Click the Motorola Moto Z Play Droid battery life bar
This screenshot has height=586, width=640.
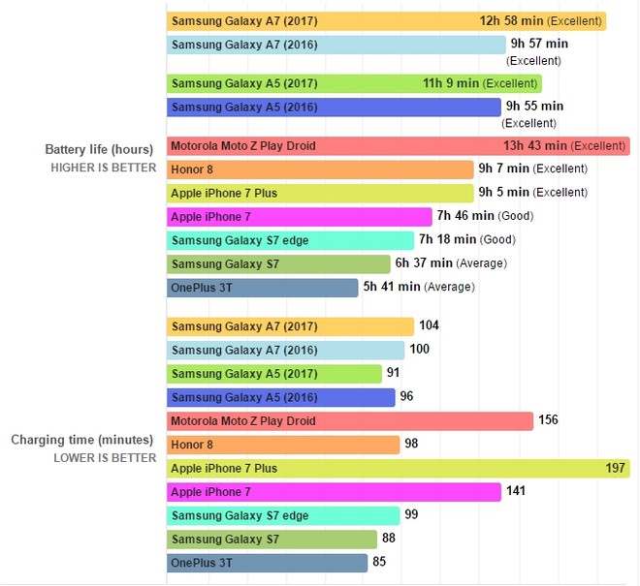click(398, 146)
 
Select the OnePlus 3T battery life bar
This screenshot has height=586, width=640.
click(263, 287)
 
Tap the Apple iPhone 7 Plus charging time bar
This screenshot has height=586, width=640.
click(398, 469)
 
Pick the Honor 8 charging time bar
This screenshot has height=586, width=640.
click(283, 445)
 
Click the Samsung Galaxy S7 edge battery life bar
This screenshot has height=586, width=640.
click(291, 240)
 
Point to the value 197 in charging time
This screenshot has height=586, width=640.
click(616, 468)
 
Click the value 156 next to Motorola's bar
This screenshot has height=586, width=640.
click(548, 420)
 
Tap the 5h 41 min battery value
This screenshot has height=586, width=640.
click(392, 287)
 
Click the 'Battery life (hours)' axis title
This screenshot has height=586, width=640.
click(99, 149)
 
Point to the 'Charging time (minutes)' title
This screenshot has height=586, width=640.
click(83, 440)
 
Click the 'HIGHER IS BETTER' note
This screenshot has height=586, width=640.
click(104, 168)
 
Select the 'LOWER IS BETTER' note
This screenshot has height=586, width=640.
click(105, 458)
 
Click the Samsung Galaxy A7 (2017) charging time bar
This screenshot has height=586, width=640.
click(291, 327)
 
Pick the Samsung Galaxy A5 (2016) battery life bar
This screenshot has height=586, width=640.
click(334, 107)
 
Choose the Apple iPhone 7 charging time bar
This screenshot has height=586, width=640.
click(334, 492)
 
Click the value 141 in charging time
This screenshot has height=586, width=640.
click(516, 491)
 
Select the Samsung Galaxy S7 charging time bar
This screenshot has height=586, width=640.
click(272, 539)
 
